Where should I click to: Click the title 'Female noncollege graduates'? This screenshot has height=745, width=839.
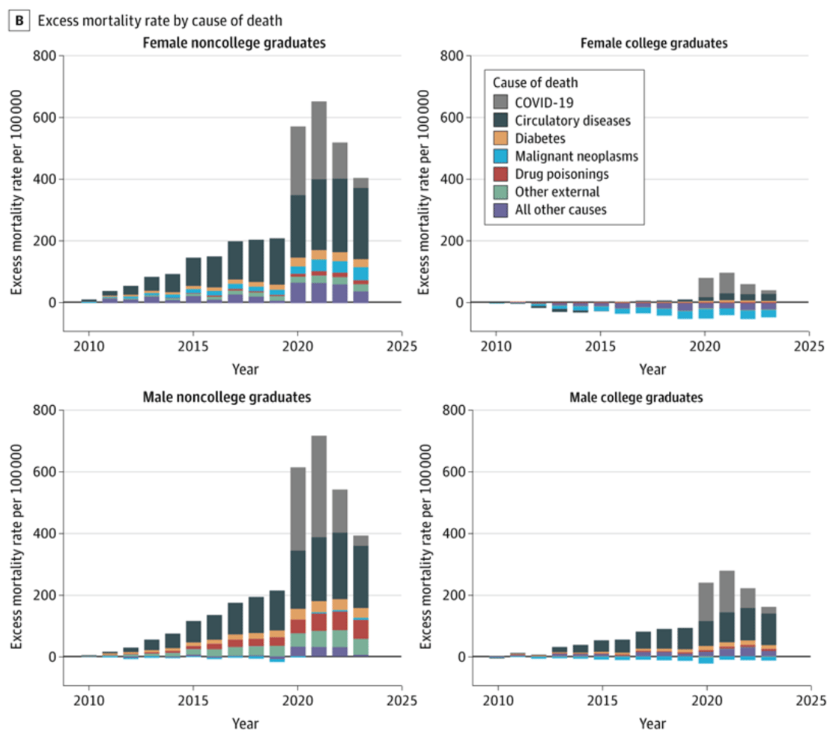pos(234,43)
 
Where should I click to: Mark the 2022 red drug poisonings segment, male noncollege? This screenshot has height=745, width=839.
pos(340,621)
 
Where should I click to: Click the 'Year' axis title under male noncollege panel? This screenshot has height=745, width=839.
pos(245,724)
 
